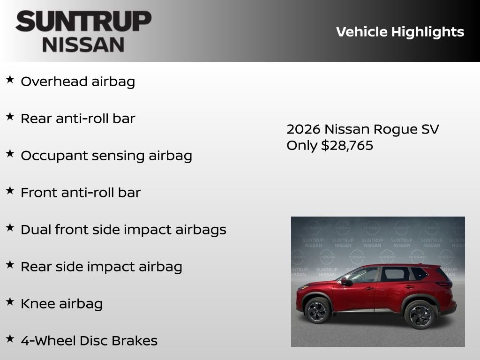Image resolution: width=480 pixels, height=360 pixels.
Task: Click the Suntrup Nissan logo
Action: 83,31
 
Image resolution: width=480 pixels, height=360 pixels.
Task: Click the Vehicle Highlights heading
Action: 400,32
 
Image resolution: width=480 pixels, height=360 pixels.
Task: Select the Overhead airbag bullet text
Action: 78,82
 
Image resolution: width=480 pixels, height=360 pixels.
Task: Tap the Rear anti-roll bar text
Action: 78,119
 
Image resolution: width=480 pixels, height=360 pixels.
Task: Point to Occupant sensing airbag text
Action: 106,156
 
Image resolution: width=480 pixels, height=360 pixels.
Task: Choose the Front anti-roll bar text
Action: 81,193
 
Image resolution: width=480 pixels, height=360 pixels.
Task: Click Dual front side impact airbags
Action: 123,230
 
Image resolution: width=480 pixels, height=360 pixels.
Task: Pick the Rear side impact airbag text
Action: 101,267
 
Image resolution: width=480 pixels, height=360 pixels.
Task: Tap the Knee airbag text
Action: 61,304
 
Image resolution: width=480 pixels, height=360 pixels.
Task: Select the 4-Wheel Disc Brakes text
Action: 89,341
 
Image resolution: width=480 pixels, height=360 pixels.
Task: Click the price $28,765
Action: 347,145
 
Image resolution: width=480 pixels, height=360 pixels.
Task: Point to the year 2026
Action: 303,129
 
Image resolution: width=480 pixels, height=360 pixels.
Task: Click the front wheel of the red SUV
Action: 317,311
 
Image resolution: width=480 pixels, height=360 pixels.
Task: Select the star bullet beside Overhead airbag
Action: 10,80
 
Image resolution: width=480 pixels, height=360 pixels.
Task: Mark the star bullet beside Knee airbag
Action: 10,302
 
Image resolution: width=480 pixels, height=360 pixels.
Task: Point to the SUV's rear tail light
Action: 444,284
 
